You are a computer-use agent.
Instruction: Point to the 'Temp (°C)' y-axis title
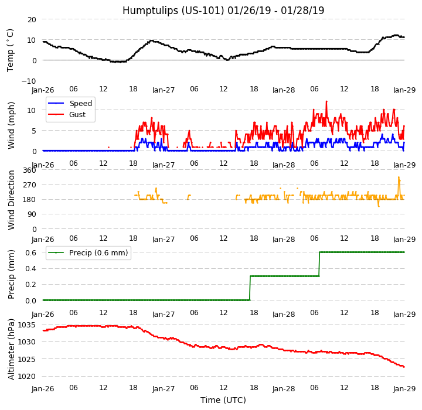[x=11, y=50]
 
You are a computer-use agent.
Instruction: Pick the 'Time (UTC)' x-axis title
[x=223, y=400]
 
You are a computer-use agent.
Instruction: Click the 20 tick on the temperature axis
[x=31, y=19]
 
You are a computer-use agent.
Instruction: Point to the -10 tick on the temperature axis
[x=29, y=81]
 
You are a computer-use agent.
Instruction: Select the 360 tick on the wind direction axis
[x=29, y=170]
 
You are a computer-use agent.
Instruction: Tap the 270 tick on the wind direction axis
[x=29, y=185]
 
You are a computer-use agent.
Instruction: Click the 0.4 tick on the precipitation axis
[x=30, y=269]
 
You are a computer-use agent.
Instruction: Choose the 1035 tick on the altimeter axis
[x=26, y=325]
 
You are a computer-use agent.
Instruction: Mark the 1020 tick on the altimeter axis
[x=26, y=376]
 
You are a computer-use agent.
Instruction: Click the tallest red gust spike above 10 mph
[x=326, y=101]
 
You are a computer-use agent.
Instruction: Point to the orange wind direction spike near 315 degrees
[x=399, y=177]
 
